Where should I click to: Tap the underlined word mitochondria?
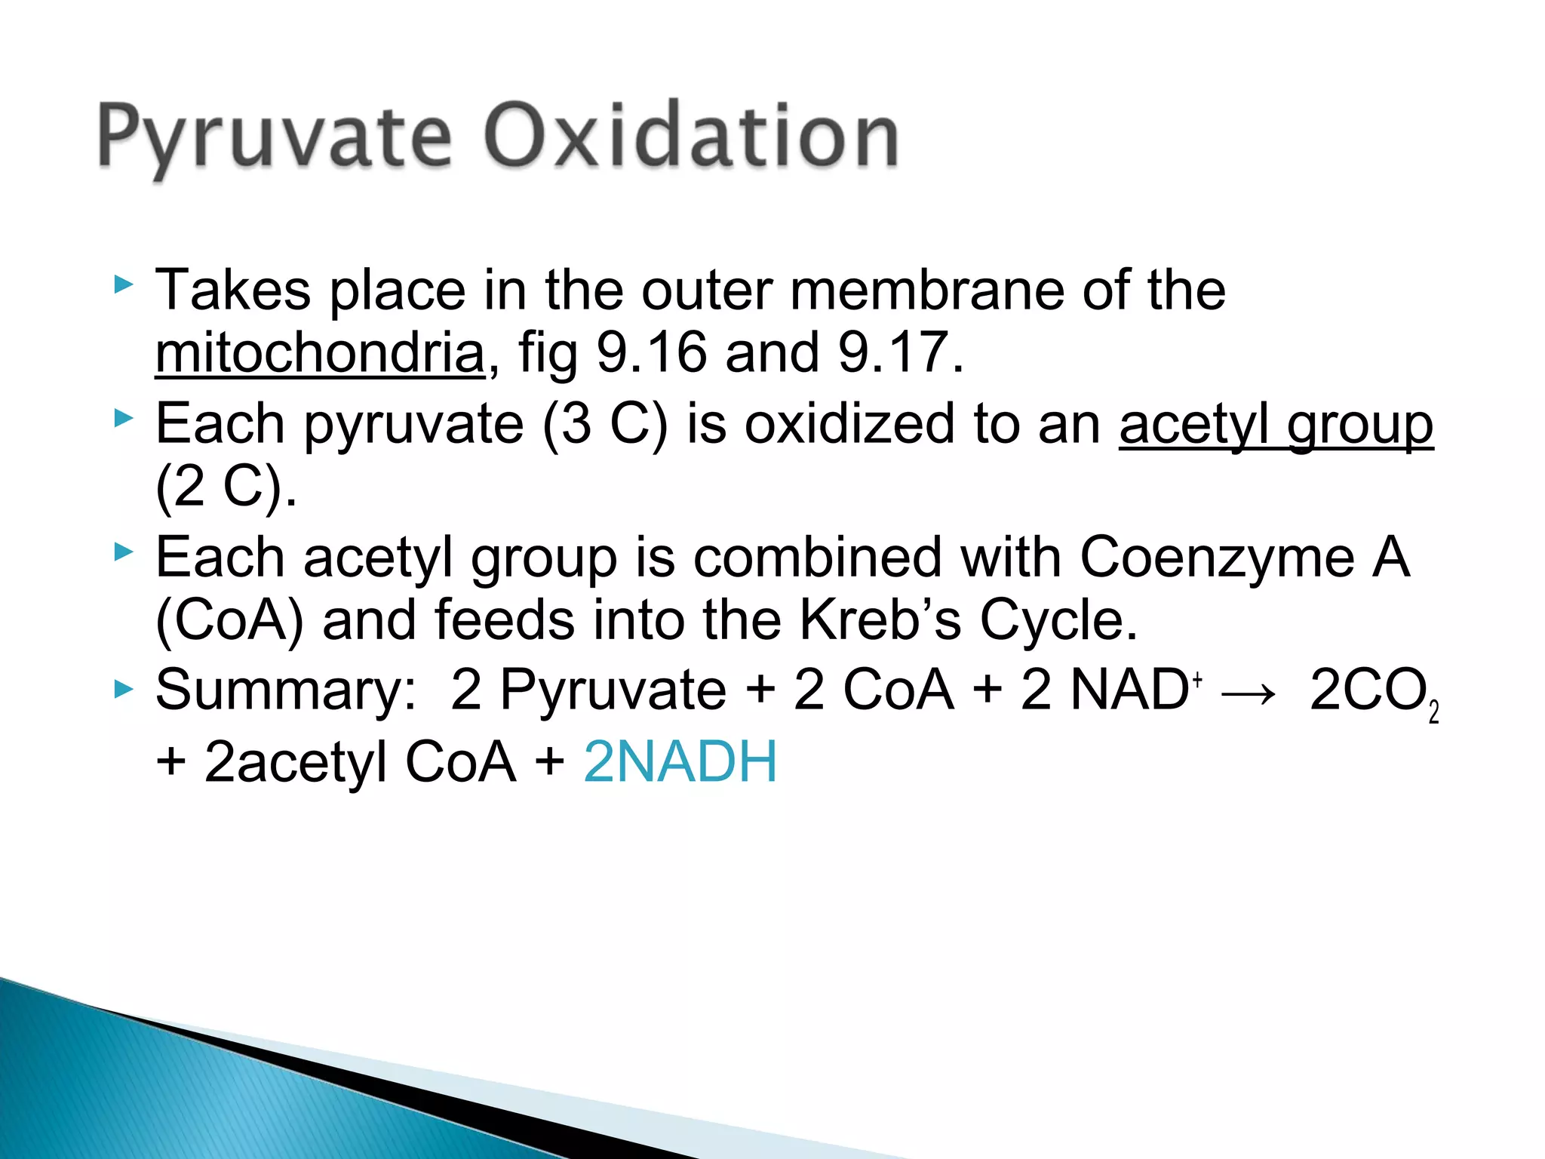pos(320,352)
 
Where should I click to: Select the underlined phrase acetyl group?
pos(1276,424)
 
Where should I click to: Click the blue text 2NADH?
pos(680,761)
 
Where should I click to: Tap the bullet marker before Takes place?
pos(123,284)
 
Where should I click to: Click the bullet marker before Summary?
pos(123,687)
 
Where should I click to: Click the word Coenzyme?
pos(1217,558)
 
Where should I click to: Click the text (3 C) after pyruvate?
pos(604,424)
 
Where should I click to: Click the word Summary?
pos(285,691)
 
